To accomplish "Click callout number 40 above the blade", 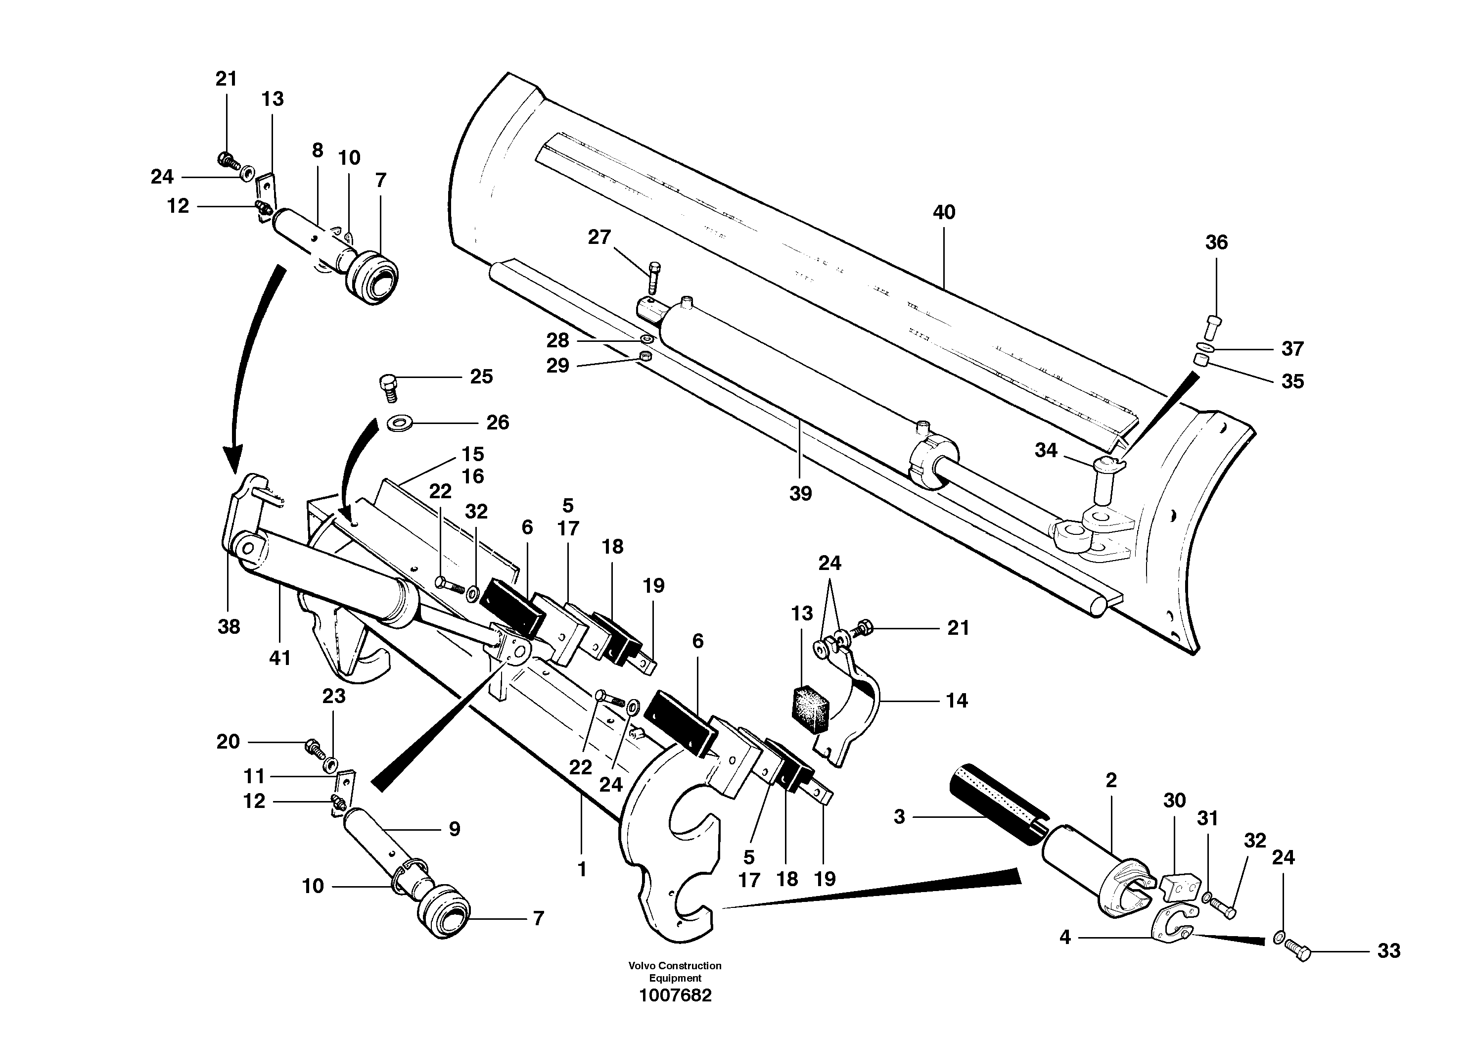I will tap(944, 212).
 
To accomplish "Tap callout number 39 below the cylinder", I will tap(800, 493).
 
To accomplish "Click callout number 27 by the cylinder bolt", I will tap(599, 237).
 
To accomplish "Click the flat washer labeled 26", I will tap(400, 423).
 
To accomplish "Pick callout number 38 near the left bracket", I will tap(229, 626).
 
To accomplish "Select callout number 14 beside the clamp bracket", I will tap(957, 700).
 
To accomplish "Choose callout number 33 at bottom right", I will tap(1388, 950).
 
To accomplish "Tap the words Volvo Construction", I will tap(675, 966).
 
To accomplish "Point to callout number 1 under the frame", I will tap(582, 869).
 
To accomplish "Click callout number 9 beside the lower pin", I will tap(454, 829).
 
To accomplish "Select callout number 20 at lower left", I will tap(228, 742).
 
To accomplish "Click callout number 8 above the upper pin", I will tap(318, 151).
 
